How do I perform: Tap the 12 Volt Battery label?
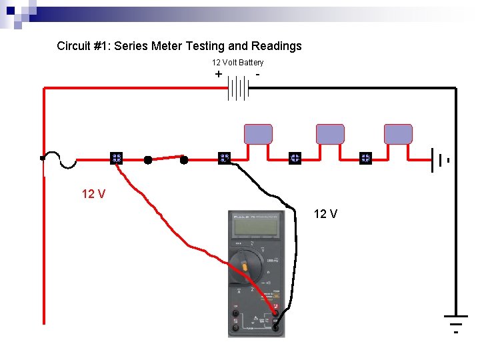point(237,62)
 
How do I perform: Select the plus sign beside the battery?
point(219,75)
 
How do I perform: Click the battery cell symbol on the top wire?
point(238,87)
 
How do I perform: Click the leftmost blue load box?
point(258,134)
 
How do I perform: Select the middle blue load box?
point(330,134)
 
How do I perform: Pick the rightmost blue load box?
point(398,134)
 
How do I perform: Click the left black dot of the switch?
point(148,160)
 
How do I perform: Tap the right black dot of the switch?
point(184,159)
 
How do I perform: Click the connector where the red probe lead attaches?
point(116,159)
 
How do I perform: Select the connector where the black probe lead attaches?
point(224,159)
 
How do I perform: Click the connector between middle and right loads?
point(365,159)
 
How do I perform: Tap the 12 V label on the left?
point(93,194)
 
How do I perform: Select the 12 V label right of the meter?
point(325,214)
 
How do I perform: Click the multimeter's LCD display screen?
point(256,227)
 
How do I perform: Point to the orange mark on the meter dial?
point(245,267)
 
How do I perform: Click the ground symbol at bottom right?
point(456,321)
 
